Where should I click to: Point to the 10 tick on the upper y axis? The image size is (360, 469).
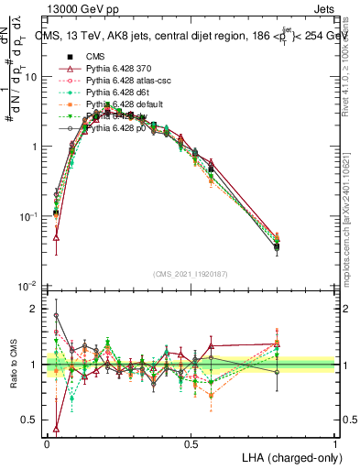point(31,77)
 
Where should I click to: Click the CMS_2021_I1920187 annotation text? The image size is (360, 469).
point(190,274)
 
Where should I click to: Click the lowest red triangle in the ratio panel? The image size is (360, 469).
point(57,428)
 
